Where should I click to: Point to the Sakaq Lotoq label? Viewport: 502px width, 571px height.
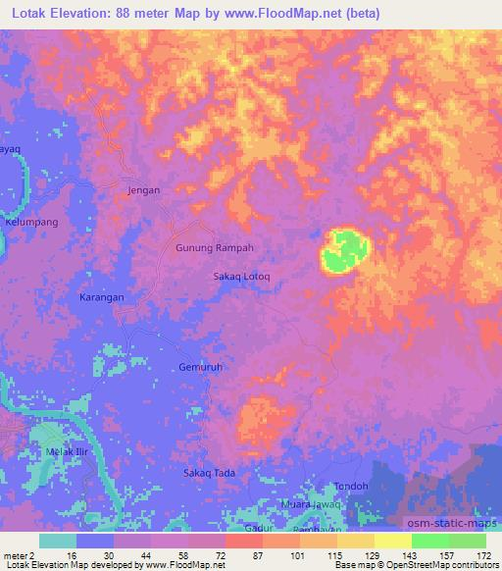(x=241, y=277)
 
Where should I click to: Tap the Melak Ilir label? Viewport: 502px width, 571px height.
(x=68, y=451)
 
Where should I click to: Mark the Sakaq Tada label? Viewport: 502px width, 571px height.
(x=209, y=473)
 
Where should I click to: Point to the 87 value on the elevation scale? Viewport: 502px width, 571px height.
(x=242, y=555)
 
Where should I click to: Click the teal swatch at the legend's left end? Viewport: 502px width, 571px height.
(x=57, y=541)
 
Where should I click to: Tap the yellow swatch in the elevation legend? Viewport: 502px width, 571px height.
(x=392, y=541)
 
